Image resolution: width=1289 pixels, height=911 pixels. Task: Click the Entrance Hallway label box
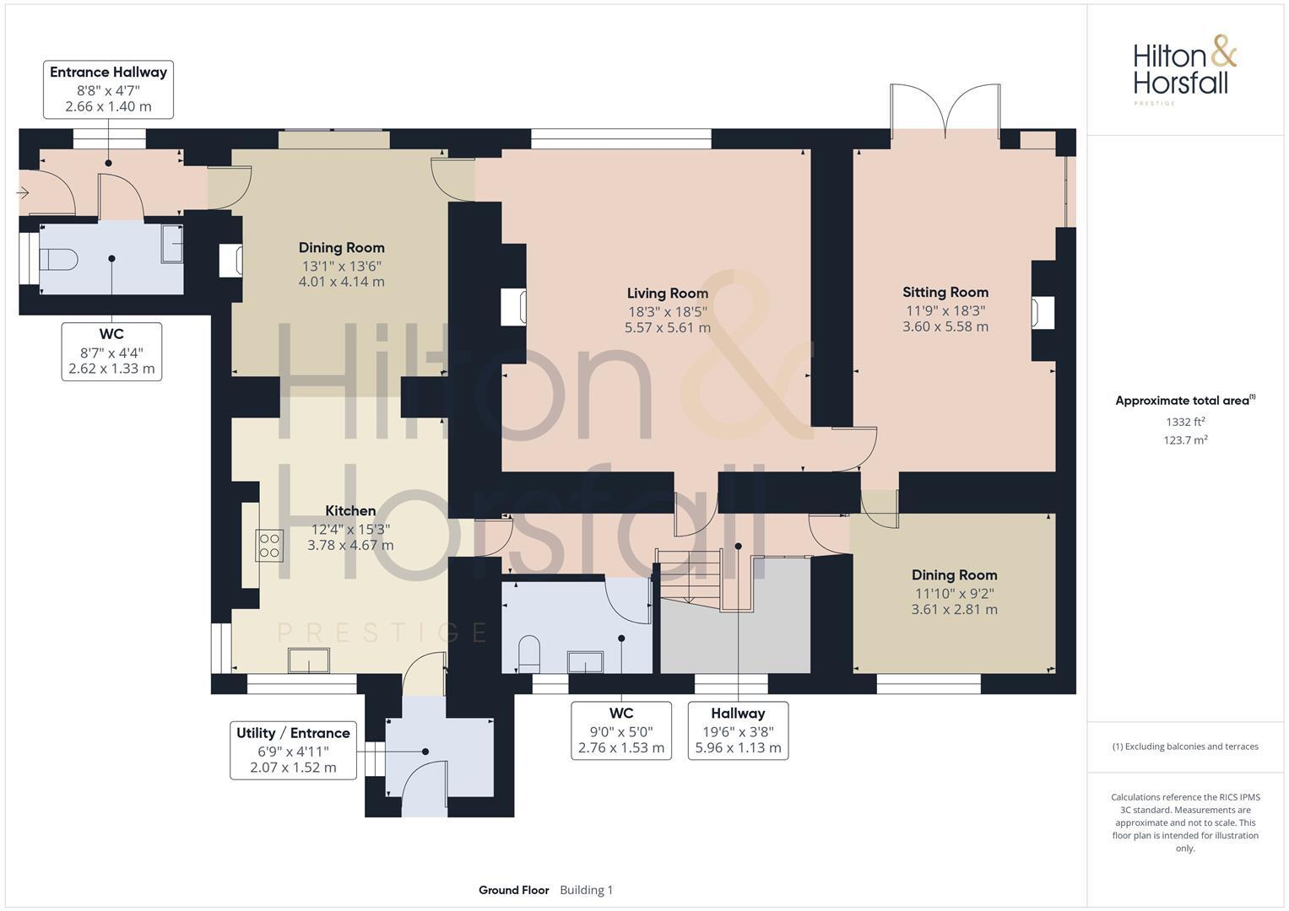[x=108, y=89]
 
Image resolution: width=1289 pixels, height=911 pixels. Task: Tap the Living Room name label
[x=667, y=294]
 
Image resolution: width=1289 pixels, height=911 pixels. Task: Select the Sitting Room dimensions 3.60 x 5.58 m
[x=945, y=326]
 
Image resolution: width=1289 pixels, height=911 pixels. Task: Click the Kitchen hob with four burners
[x=270, y=545]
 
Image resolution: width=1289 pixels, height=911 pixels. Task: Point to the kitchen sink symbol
[x=309, y=660]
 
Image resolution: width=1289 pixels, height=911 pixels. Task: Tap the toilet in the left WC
[x=58, y=259]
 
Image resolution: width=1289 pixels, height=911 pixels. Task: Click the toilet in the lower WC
[x=529, y=655]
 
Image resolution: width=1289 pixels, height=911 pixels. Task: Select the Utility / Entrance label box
[x=293, y=750]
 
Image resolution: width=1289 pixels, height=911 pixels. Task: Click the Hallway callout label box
[x=738, y=730]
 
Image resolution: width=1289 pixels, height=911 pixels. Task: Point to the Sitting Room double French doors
[x=945, y=110]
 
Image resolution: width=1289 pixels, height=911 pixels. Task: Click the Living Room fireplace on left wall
[x=513, y=307]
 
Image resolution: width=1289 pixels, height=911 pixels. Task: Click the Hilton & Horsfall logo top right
[x=1183, y=67]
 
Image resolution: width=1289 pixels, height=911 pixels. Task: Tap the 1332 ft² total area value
[x=1185, y=422]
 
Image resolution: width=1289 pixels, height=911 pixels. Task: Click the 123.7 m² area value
[x=1185, y=440]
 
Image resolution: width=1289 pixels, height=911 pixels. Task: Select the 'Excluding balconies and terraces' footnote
[x=1185, y=747]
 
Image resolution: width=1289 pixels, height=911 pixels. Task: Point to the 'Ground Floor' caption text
[x=513, y=890]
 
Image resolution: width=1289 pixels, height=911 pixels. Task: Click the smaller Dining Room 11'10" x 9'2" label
[x=954, y=592]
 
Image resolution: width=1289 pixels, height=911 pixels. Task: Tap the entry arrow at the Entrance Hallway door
[x=23, y=193]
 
